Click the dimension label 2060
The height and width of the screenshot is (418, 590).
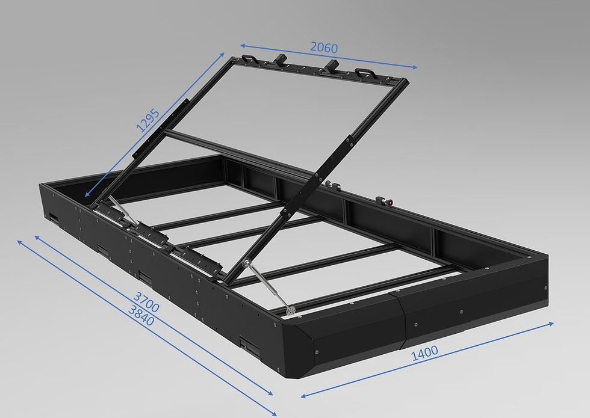(x=323, y=48)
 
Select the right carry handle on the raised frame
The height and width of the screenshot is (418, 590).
(x=363, y=73)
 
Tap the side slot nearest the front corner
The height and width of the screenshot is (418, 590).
(x=246, y=344)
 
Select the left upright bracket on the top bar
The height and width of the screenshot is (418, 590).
(x=281, y=60)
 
